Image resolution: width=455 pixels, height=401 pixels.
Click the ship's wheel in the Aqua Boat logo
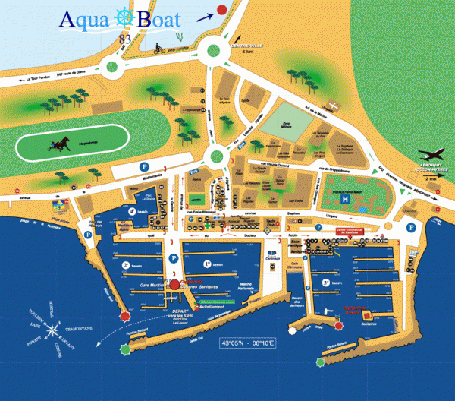pos(123,18)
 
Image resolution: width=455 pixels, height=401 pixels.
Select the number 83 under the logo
pos(124,38)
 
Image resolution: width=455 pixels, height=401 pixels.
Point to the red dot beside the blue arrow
pos(221,10)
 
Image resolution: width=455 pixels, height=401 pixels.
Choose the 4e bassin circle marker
pos(132,212)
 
